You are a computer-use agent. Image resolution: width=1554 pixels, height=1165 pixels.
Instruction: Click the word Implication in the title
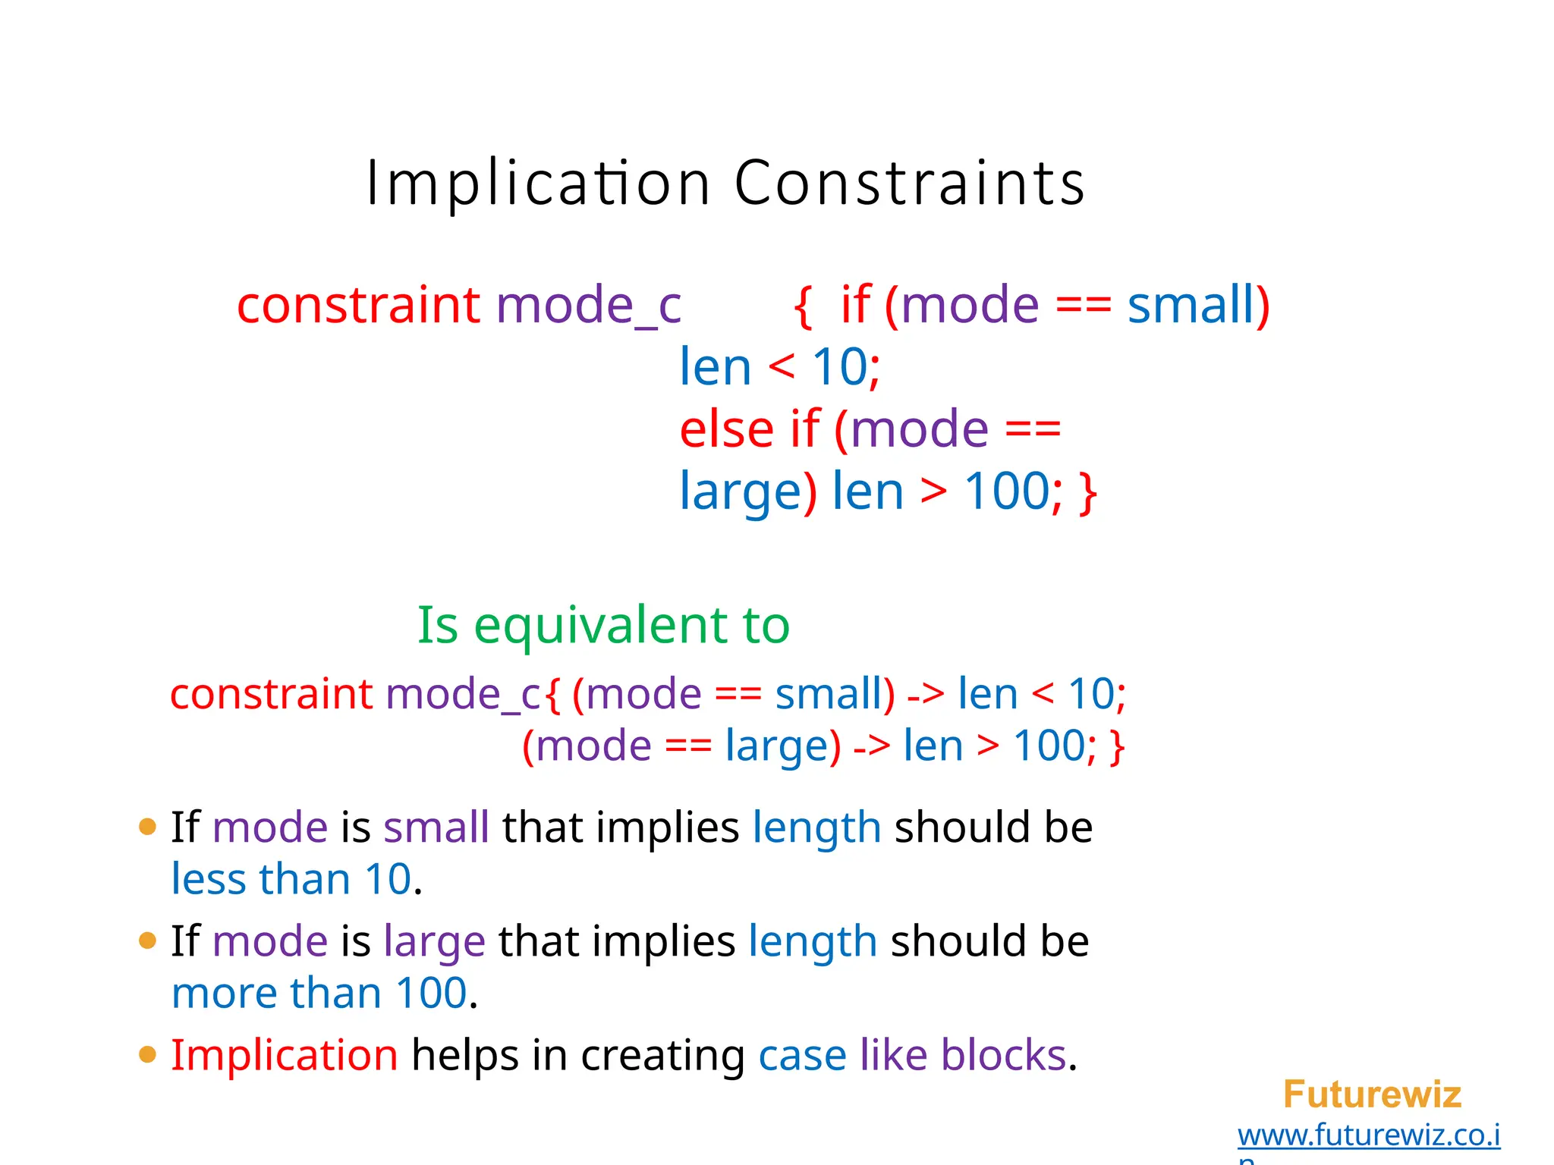[538, 184]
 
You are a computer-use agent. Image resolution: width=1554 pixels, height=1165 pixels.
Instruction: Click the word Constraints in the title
[910, 184]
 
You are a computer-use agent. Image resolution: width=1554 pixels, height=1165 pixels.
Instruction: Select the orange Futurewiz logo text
[1372, 1094]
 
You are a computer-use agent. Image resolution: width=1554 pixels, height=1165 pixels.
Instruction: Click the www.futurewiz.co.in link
[1369, 1135]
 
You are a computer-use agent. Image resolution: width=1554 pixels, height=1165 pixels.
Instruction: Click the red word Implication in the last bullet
[285, 1055]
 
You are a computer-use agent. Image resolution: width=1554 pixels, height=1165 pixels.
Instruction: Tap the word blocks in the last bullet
[1003, 1055]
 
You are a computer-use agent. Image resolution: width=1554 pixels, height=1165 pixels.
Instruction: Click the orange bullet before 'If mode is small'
[148, 827]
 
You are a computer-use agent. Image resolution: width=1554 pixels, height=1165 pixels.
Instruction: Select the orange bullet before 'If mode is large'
[148, 941]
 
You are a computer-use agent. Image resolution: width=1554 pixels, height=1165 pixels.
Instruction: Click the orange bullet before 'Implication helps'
[148, 1055]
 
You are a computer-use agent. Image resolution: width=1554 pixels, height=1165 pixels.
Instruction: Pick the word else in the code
[727, 429]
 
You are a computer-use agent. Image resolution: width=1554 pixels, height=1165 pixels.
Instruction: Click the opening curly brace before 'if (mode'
[803, 306]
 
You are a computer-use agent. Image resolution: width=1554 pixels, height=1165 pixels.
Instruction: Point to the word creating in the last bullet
[662, 1056]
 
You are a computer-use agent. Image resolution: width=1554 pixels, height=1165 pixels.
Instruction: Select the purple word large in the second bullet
[434, 942]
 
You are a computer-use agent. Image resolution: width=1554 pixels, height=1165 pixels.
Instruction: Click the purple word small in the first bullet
[436, 827]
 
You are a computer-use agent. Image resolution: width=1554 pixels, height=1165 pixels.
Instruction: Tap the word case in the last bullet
[802, 1056]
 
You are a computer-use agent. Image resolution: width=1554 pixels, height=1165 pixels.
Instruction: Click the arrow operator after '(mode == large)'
[872, 746]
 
